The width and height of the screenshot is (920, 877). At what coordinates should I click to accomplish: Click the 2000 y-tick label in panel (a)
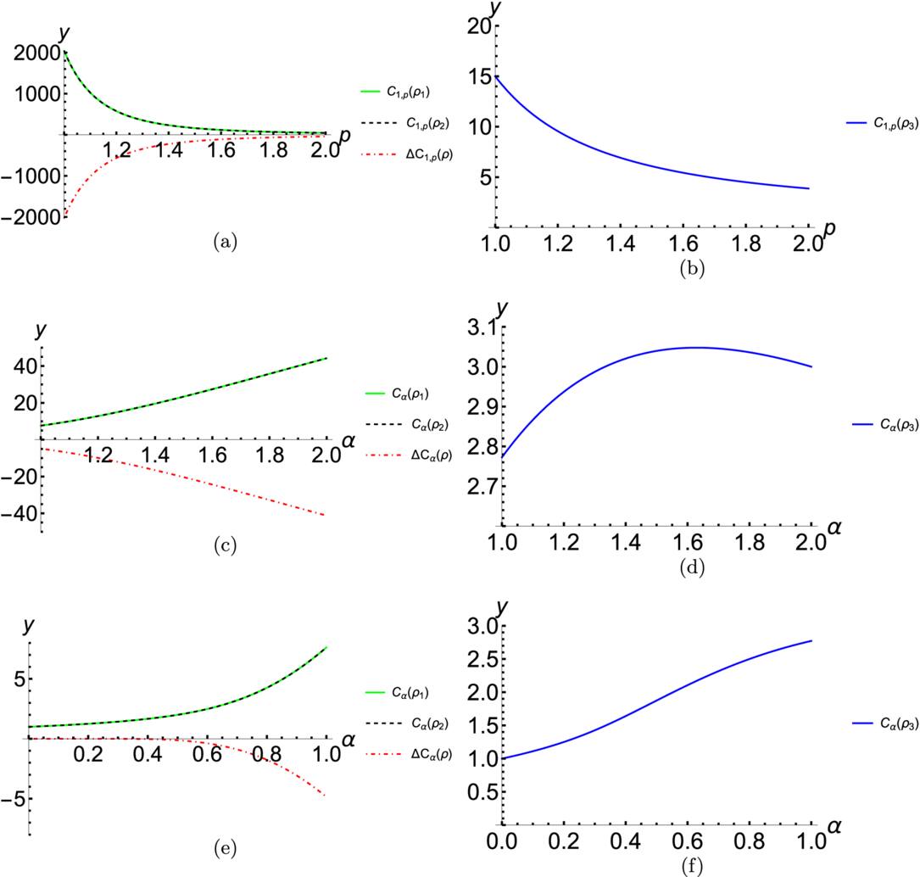(31, 53)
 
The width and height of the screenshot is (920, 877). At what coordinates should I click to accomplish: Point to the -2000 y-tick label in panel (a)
(27, 217)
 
